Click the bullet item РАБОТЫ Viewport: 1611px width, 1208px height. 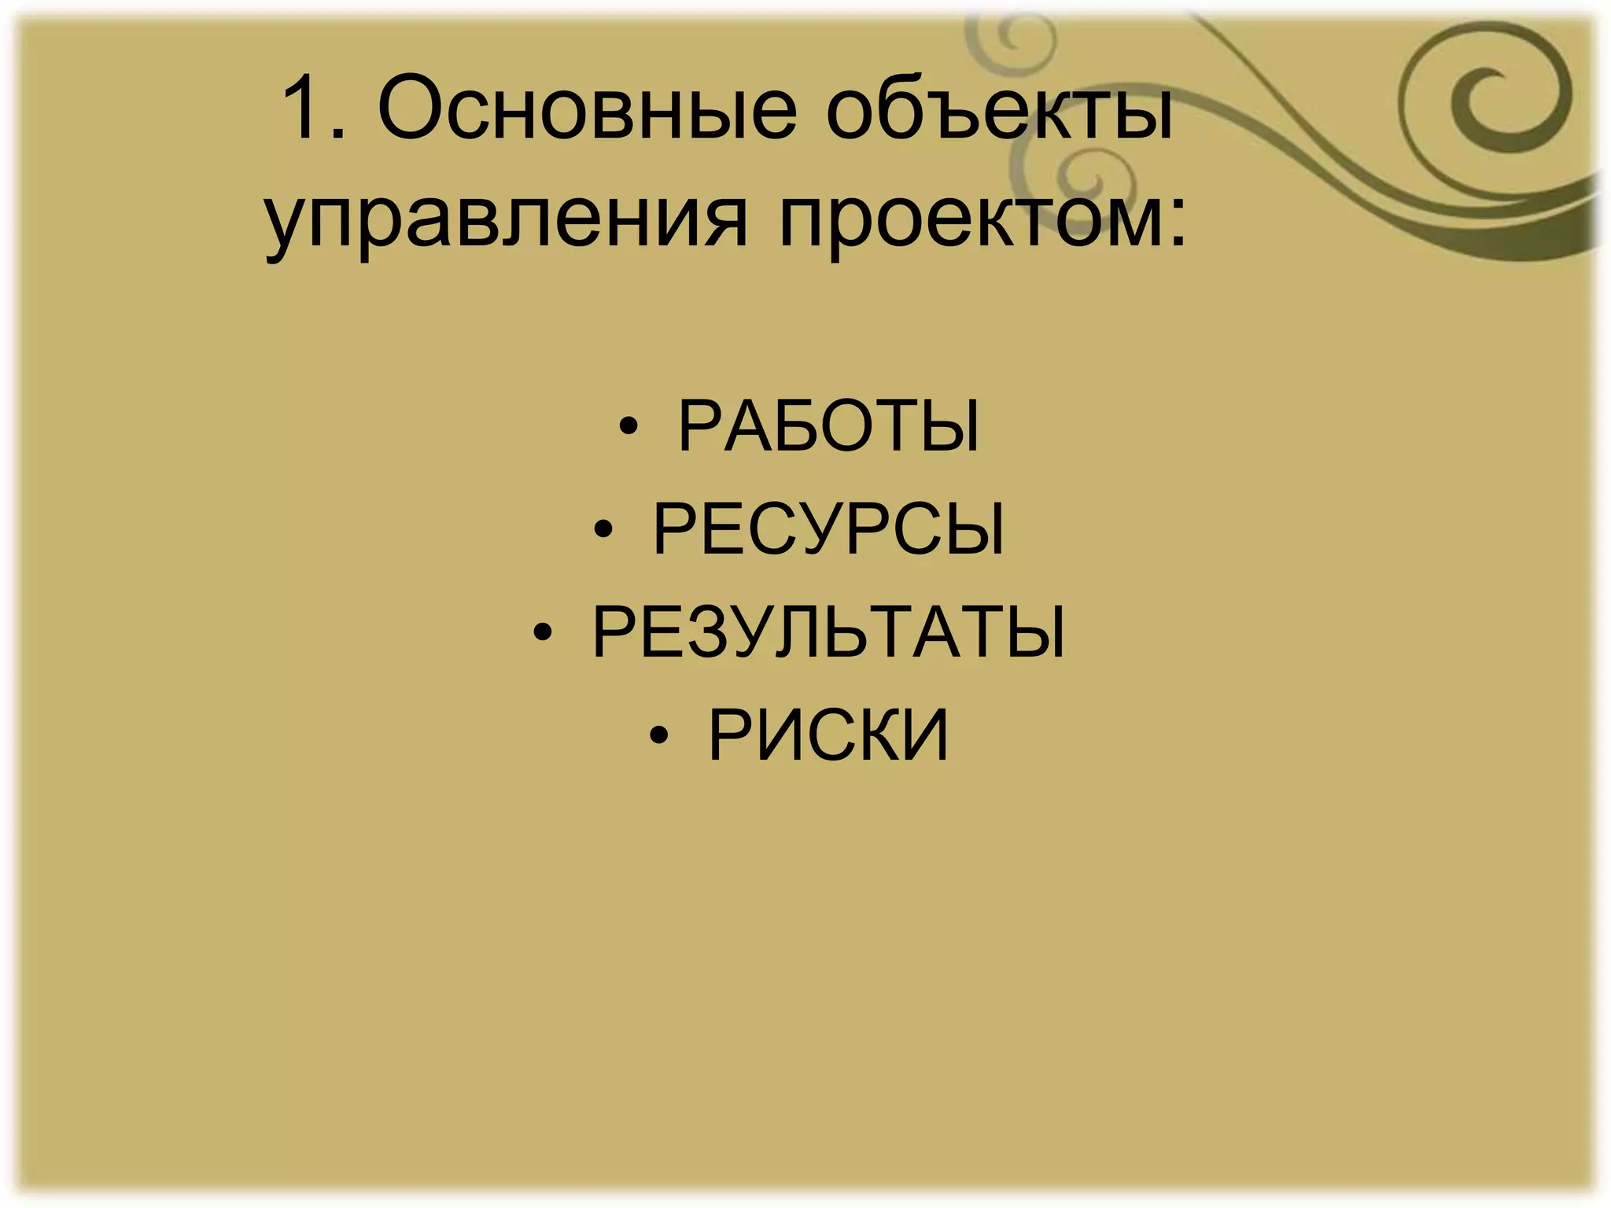(828, 428)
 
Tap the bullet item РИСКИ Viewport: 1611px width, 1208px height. (828, 736)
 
